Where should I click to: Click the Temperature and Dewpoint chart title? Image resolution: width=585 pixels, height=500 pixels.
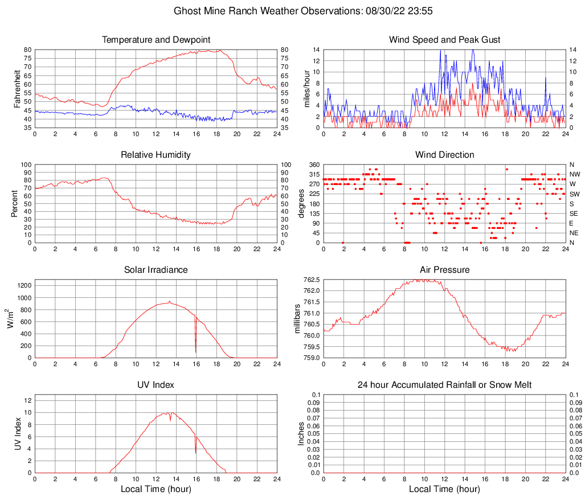(156, 40)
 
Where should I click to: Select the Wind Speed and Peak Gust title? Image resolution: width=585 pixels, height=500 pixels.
(445, 40)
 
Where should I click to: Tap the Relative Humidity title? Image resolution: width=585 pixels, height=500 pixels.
(156, 155)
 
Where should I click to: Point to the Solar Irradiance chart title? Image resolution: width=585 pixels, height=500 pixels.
(156, 270)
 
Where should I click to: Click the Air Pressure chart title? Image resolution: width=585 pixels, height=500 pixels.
(445, 270)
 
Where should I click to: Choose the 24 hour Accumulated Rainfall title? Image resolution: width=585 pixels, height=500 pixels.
(445, 385)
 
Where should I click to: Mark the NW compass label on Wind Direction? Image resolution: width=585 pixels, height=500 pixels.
(575, 174)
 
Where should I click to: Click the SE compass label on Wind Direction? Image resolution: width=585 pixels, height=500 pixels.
(574, 214)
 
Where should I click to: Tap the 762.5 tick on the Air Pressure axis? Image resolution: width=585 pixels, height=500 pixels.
(311, 280)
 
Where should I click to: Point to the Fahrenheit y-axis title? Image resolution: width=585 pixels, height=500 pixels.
(16, 88)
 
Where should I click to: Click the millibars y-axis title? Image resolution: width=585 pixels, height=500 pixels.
(297, 319)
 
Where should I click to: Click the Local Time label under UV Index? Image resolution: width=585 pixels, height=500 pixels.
(156, 489)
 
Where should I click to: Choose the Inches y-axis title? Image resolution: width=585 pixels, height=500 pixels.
(301, 433)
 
